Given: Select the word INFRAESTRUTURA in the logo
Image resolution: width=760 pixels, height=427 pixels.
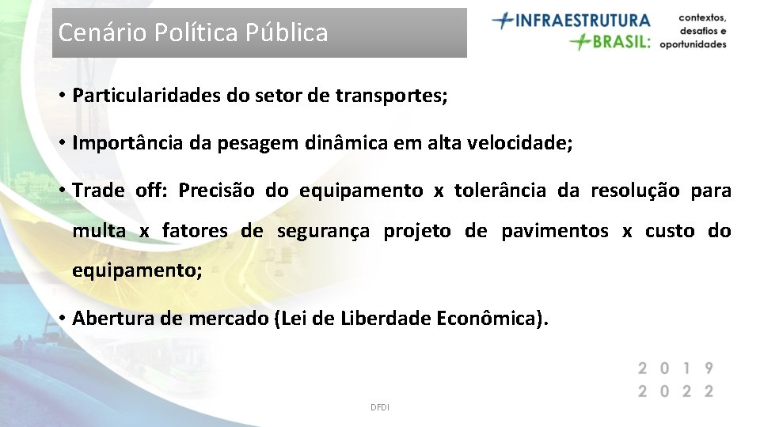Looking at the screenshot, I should coord(583,20).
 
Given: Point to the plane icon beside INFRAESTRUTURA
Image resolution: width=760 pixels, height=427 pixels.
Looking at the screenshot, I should coord(503,20).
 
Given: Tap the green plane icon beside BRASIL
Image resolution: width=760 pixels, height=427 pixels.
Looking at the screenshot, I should coord(581,41).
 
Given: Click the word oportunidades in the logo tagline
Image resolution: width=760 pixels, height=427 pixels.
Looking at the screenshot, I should coord(693,44).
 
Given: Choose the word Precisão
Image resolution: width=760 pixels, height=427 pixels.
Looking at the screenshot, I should coord(216,191).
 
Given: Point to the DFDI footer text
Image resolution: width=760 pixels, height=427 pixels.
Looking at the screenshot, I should coord(380,407).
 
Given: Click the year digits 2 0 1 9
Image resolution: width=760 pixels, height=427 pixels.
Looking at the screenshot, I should coord(676,368).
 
